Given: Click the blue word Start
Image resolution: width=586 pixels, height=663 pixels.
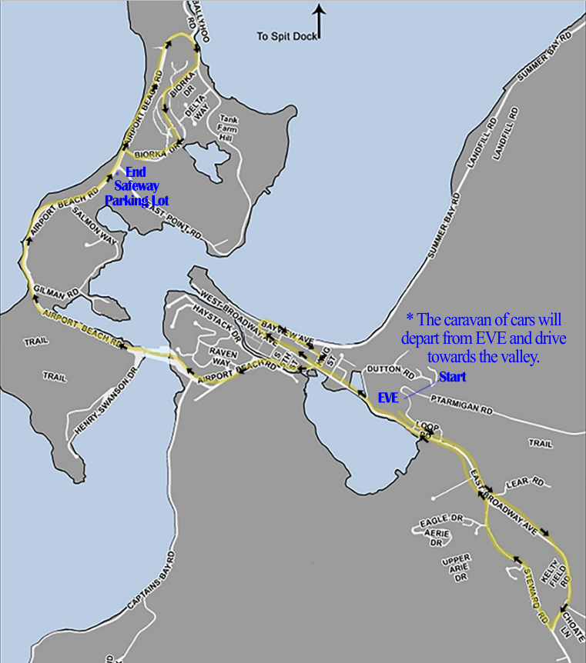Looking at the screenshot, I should pos(452,377).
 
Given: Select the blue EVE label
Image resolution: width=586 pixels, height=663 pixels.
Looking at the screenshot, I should pos(388,398).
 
